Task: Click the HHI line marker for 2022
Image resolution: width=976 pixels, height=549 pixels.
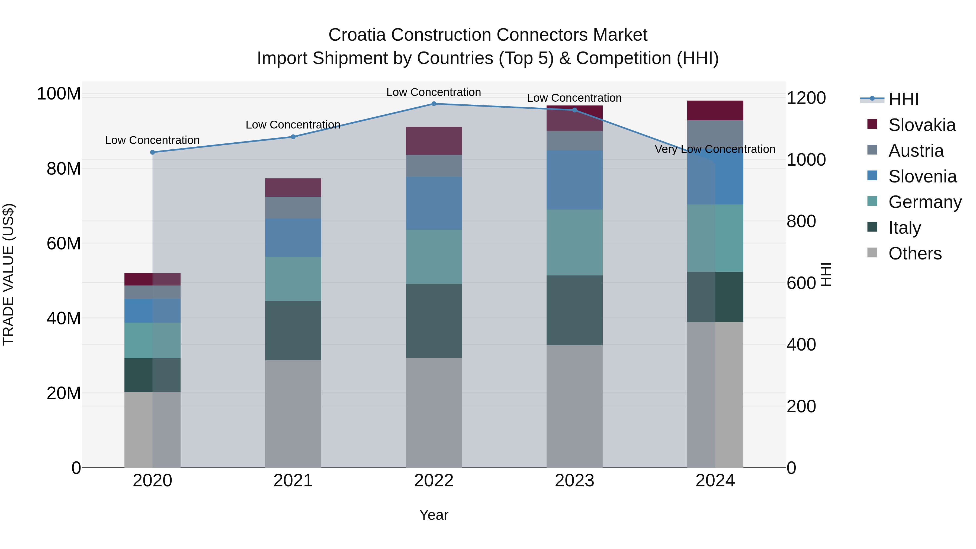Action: click(x=434, y=104)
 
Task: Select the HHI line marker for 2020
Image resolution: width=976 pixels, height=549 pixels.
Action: click(x=152, y=152)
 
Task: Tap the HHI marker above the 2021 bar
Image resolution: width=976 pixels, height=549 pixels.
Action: click(x=293, y=137)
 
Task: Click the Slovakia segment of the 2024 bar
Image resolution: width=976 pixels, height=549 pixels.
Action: click(x=715, y=111)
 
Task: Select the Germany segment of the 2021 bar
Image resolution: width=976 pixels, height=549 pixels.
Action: click(x=293, y=279)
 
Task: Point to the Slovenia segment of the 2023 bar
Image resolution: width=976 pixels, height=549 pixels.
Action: click(x=574, y=180)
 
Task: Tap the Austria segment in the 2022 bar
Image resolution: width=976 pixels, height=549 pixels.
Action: click(x=434, y=166)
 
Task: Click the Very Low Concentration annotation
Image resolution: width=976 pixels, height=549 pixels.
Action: click(x=715, y=149)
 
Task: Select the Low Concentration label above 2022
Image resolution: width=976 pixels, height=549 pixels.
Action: click(x=434, y=92)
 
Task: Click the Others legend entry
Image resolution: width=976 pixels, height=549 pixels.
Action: click(x=915, y=253)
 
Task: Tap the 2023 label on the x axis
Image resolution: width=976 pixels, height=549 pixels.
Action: click(x=574, y=481)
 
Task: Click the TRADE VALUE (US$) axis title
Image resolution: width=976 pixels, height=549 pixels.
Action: click(x=8, y=274)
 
